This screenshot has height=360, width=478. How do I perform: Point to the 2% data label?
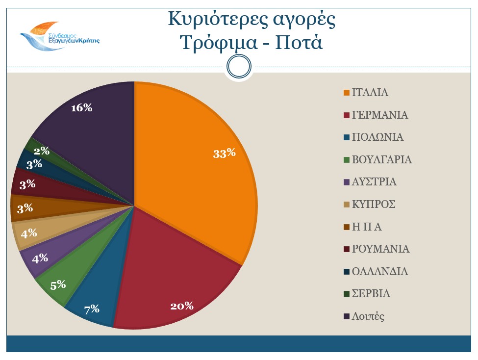pos(42,151)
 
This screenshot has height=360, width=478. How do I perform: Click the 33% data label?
pos(225,153)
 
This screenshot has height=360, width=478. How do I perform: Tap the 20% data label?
pos(182,307)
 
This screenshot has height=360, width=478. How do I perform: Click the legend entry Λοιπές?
pos(368,316)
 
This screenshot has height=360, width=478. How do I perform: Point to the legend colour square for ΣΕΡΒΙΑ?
pos(347,294)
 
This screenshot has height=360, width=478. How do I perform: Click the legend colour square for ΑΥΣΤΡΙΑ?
pos(347,182)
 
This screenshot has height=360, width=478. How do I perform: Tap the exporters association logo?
pos(59,37)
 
